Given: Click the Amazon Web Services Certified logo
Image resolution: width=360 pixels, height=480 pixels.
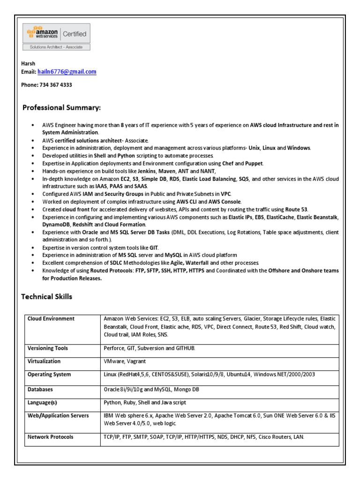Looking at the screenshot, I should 57,34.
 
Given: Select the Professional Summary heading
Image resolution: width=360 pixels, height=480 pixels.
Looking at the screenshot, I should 61,108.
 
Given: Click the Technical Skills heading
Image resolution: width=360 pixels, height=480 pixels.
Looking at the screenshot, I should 47,297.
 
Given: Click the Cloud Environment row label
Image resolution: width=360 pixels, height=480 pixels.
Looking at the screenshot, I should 51,319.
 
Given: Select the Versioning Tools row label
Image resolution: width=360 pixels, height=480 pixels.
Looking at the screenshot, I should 47,348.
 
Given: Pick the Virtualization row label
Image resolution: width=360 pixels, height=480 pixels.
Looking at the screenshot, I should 44,361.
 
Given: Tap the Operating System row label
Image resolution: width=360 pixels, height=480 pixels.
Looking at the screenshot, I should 49,375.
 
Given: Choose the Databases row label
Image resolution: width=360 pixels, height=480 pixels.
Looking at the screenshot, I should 40,390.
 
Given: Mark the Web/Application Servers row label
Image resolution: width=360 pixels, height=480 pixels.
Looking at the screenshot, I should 58,416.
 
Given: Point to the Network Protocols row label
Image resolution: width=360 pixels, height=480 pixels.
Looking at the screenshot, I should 50,437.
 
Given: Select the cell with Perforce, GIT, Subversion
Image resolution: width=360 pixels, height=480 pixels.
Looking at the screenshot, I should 149,348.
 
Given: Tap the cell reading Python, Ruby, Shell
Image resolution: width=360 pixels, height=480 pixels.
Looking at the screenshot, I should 144,403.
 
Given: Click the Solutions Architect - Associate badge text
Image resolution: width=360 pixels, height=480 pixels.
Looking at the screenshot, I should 57,47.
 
